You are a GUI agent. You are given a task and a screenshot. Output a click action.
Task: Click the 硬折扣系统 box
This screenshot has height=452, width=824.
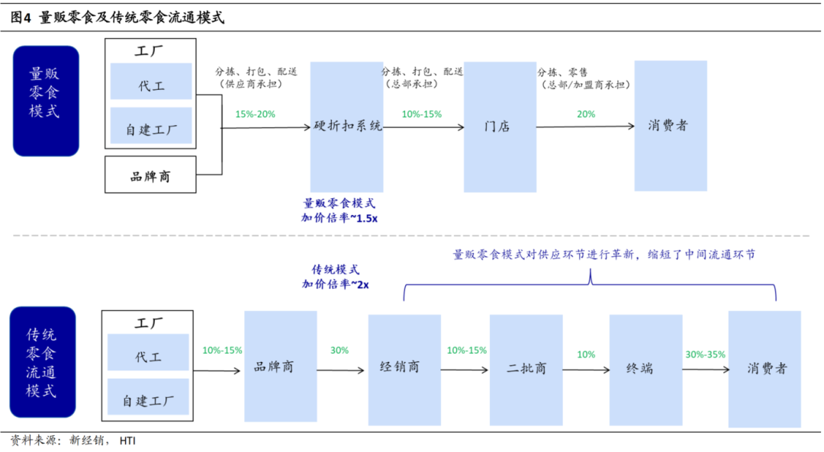346,127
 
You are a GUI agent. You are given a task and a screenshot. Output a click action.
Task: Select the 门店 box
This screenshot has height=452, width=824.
499,127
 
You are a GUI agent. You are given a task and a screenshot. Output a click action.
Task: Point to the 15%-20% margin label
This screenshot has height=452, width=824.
256,114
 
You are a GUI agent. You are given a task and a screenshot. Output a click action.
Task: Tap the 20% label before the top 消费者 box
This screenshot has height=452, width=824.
586,114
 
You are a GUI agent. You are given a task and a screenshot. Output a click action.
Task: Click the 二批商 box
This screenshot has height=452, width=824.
526,369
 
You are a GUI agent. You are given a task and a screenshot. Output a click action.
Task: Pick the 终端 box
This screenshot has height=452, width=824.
645,369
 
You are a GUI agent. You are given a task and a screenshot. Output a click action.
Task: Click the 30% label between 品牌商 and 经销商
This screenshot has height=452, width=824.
339,351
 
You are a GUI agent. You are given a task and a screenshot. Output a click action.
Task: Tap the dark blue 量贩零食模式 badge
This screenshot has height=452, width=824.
46,101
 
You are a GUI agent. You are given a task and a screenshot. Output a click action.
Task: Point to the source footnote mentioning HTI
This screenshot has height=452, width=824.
73,441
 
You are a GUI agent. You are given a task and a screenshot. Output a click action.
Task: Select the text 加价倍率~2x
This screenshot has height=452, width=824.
336,284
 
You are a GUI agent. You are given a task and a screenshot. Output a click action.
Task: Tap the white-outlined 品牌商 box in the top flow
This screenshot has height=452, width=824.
150,175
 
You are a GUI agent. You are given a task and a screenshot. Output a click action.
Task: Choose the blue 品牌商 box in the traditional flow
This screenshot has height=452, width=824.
280,367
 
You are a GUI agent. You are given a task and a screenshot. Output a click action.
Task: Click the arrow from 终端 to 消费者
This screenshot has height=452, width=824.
704,370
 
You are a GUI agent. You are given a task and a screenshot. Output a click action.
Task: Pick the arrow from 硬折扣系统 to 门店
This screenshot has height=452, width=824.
423,128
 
